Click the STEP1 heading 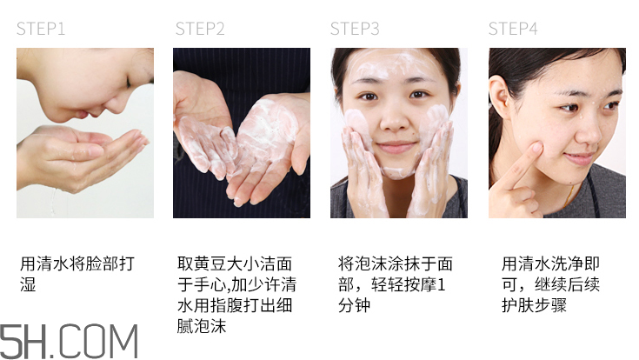coord(41,29)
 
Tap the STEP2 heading coord(200,29)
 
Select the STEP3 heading coord(355,29)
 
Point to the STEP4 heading coord(513,29)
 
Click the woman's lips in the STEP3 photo coord(396,146)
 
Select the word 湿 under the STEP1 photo coord(29,284)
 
